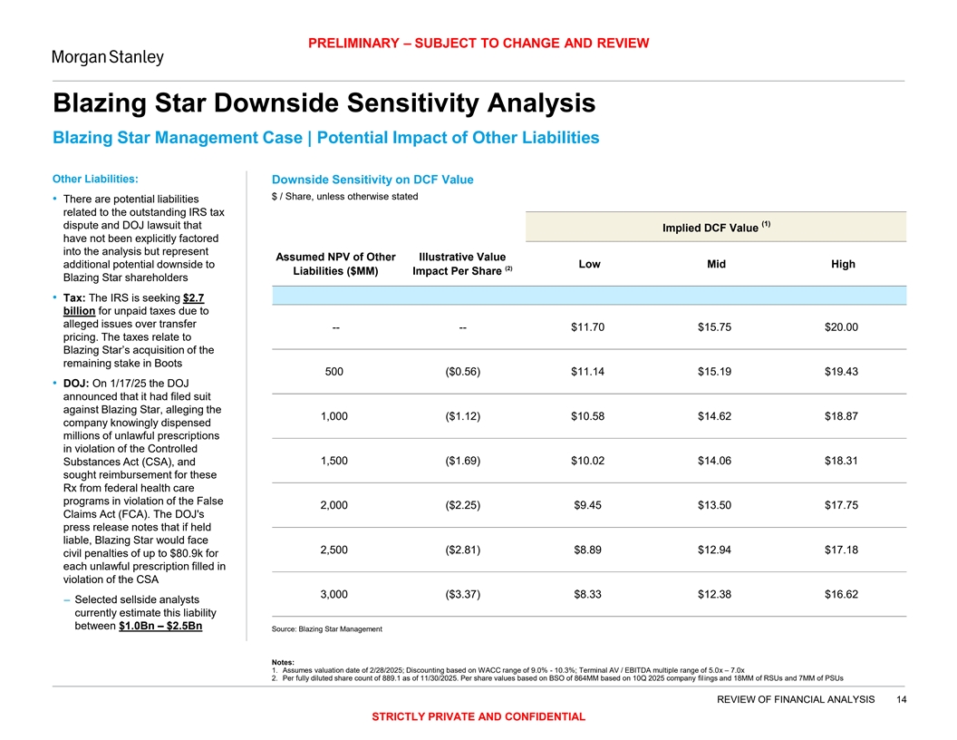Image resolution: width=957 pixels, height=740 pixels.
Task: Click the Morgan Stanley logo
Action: (107, 57)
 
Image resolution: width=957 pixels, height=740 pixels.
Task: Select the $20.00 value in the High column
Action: (842, 326)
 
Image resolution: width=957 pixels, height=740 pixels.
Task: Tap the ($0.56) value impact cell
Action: (462, 371)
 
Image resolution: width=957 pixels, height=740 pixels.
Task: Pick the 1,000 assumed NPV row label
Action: (335, 415)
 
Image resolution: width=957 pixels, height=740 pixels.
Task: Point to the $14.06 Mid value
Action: (715, 460)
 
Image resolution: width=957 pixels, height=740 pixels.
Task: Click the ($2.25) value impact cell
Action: (462, 504)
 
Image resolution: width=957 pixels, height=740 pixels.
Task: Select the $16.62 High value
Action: (842, 594)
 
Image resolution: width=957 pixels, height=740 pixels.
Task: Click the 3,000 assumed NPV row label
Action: (335, 594)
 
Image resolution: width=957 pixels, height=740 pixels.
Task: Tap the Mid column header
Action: (715, 264)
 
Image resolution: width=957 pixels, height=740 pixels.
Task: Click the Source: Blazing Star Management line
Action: (326, 629)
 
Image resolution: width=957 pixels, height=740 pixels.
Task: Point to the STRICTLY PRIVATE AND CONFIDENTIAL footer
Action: (478, 716)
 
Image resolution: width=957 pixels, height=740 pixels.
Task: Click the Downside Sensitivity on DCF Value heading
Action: (366, 180)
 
